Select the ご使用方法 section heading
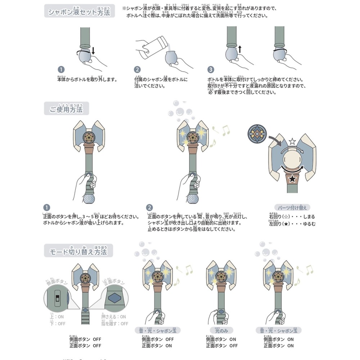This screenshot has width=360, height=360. [66, 108]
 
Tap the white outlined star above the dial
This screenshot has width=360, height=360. [292, 141]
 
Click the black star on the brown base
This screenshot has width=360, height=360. [292, 179]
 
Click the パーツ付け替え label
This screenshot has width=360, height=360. [292, 207]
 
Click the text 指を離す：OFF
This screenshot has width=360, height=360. [114, 324]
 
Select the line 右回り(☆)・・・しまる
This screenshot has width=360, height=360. [292, 217]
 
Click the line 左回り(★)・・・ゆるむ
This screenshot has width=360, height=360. [292, 224]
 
